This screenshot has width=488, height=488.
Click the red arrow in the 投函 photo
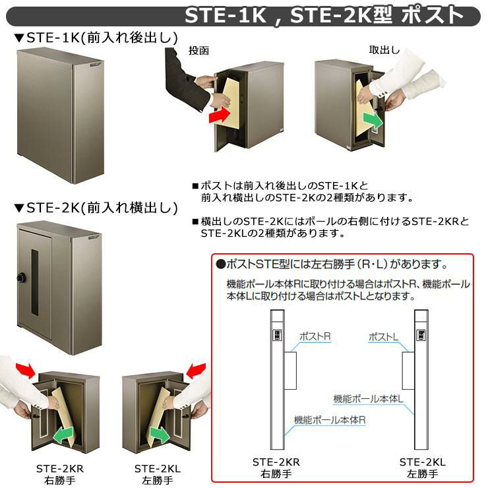[x=219, y=115]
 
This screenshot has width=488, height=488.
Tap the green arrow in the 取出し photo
[x=373, y=121]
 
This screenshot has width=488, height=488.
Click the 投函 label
[x=198, y=50]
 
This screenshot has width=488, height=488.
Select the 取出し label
[x=384, y=50]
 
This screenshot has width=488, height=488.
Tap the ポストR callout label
[x=315, y=336]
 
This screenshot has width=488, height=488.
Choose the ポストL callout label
[x=383, y=337]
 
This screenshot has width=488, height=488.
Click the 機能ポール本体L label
[x=368, y=399]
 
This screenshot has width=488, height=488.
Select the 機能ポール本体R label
[x=330, y=420]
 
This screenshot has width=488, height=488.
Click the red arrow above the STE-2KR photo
[x=26, y=370]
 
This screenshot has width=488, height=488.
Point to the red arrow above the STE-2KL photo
[x=196, y=371]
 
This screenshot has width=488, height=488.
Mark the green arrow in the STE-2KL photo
[x=160, y=435]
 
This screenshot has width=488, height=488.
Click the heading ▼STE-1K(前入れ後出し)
[x=96, y=38]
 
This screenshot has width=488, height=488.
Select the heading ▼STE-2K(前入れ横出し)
[x=96, y=208]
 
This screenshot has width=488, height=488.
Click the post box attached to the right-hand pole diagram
[x=408, y=371]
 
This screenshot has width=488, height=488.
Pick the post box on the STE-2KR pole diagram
[x=290, y=371]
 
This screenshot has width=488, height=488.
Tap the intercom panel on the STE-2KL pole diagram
[x=421, y=335]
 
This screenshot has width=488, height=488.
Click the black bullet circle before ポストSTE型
[x=221, y=264]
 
